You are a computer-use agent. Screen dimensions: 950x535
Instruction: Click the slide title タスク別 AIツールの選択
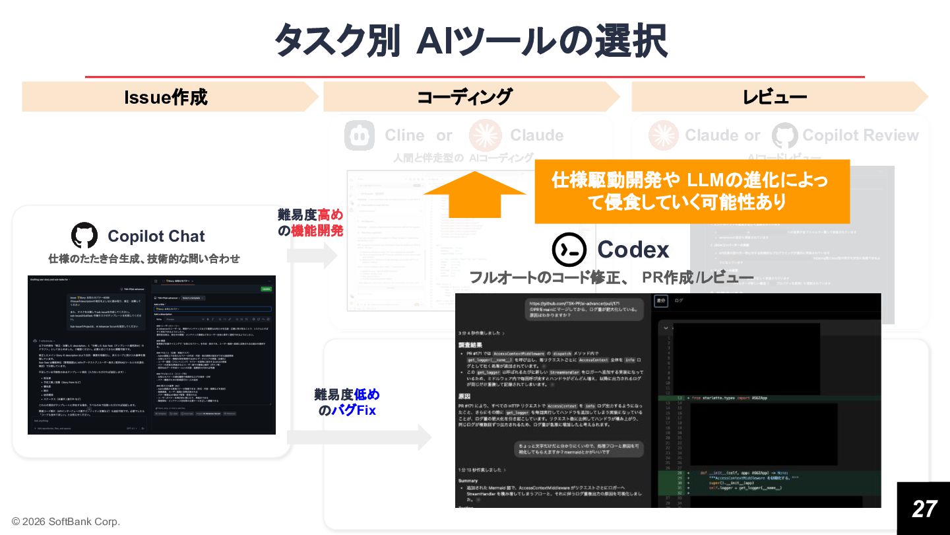click(x=470, y=41)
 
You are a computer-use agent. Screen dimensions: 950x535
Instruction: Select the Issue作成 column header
click(x=166, y=98)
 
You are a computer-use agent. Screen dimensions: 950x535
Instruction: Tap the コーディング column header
click(x=464, y=98)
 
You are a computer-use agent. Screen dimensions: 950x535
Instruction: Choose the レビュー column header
click(x=775, y=98)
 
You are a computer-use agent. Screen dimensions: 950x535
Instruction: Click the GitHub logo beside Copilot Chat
click(x=84, y=236)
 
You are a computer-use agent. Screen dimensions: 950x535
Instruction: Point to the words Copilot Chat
click(x=156, y=236)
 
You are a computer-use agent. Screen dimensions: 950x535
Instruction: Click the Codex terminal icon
click(x=569, y=250)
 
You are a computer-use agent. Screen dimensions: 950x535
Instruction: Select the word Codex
click(x=633, y=250)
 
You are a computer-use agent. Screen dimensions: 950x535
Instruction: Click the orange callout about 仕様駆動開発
click(x=691, y=192)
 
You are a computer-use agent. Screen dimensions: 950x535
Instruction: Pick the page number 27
click(x=924, y=509)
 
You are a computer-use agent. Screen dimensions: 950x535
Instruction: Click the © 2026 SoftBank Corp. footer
click(x=66, y=522)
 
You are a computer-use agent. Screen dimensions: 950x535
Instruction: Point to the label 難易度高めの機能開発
click(x=310, y=223)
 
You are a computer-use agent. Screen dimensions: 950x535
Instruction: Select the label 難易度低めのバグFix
click(x=347, y=403)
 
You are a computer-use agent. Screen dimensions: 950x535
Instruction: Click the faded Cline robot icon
click(x=360, y=135)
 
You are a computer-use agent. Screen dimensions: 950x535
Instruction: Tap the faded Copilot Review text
click(x=860, y=135)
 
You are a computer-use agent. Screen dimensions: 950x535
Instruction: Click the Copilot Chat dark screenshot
click(x=152, y=355)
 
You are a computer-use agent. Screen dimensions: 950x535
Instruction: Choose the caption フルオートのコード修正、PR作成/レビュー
click(x=611, y=277)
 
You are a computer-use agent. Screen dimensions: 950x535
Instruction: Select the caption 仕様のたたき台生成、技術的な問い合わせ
click(x=144, y=258)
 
